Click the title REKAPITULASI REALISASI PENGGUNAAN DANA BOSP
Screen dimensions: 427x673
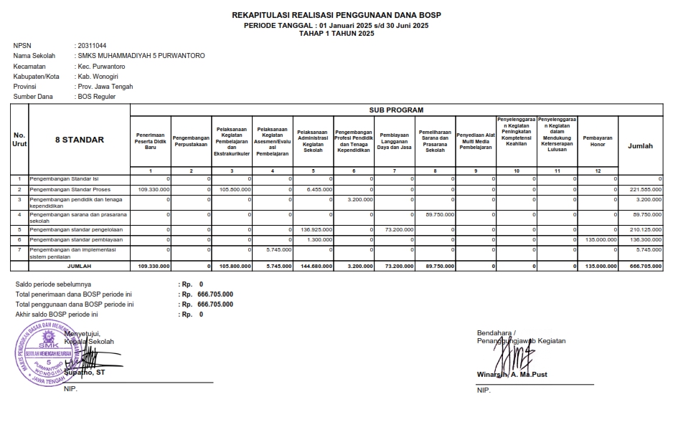click(336, 15)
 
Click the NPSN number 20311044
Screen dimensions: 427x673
click(92, 46)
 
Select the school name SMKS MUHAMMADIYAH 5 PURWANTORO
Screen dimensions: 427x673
click(141, 56)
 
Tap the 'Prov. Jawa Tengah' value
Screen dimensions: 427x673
click(105, 86)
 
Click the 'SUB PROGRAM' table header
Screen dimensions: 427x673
click(396, 110)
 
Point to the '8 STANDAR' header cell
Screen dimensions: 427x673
click(79, 140)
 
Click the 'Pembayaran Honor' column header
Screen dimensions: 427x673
click(597, 140)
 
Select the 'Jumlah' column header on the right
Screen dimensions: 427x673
click(640, 145)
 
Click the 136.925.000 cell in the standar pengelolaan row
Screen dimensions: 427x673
click(314, 229)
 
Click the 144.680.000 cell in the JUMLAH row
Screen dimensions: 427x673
click(314, 266)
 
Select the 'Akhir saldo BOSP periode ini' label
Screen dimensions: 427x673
click(57, 315)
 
